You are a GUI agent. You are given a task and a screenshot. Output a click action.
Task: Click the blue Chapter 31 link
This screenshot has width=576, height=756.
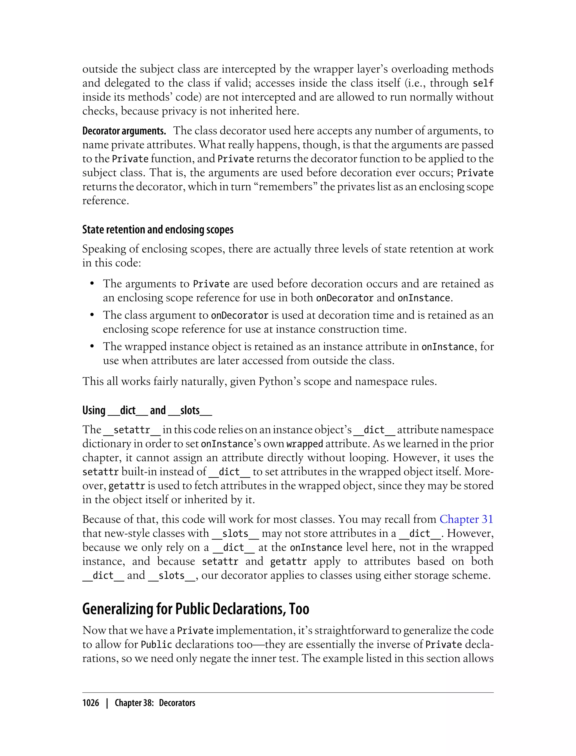(466, 519)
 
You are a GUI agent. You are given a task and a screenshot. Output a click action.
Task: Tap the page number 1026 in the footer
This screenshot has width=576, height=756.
(91, 703)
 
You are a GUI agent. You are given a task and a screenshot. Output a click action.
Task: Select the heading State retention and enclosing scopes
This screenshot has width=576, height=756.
(158, 229)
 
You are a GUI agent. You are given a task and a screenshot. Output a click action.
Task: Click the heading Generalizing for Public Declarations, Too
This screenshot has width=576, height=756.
(195, 609)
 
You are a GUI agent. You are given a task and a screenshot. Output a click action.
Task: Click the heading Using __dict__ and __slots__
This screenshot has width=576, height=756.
(147, 410)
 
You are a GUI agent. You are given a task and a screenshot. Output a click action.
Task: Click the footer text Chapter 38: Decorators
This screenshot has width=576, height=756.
(155, 703)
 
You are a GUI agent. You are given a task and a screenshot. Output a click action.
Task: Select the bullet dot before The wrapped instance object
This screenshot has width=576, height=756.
(92, 346)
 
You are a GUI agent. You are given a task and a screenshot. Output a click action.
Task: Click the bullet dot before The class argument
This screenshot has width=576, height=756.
(92, 315)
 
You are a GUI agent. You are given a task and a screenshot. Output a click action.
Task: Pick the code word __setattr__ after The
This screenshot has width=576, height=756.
(132, 430)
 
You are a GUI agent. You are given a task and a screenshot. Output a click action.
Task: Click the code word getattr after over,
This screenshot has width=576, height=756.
(127, 486)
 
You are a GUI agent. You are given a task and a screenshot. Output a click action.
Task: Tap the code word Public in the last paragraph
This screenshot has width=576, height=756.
(156, 645)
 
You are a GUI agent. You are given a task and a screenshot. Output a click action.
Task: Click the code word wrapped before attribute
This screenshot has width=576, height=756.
(305, 444)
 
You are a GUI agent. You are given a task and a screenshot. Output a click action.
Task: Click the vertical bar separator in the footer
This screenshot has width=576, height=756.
(107, 703)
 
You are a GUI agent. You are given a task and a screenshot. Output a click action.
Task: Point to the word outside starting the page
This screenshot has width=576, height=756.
(100, 69)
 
